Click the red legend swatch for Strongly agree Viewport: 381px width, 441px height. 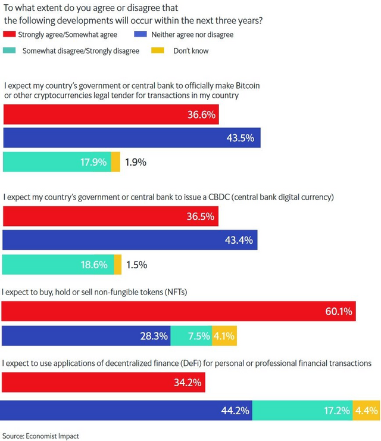(9, 35)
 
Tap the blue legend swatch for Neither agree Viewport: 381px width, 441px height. (140, 34)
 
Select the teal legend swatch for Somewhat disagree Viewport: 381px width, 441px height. (9, 50)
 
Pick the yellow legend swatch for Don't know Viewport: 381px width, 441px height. (158, 50)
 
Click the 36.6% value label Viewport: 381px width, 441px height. (201, 115)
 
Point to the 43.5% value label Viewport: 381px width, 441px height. (241, 138)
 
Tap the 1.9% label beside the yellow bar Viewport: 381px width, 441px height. (136, 162)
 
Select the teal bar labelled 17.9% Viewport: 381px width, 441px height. (57, 162)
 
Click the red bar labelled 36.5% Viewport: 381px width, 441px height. (111, 216)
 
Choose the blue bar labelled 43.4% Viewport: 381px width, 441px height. (130, 240)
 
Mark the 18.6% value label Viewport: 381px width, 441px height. (94, 265)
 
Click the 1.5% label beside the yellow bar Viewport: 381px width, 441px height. (136, 265)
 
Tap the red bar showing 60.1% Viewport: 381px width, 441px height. (179, 311)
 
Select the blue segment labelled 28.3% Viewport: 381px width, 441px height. (86, 336)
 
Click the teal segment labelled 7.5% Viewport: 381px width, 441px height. (191, 336)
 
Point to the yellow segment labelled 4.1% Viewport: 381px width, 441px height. (224, 336)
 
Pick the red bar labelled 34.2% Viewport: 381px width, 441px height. (104, 382)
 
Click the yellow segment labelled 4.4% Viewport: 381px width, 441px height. (366, 411)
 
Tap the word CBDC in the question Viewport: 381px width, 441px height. (219, 197)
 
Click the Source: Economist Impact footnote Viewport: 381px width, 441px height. (40, 436)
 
